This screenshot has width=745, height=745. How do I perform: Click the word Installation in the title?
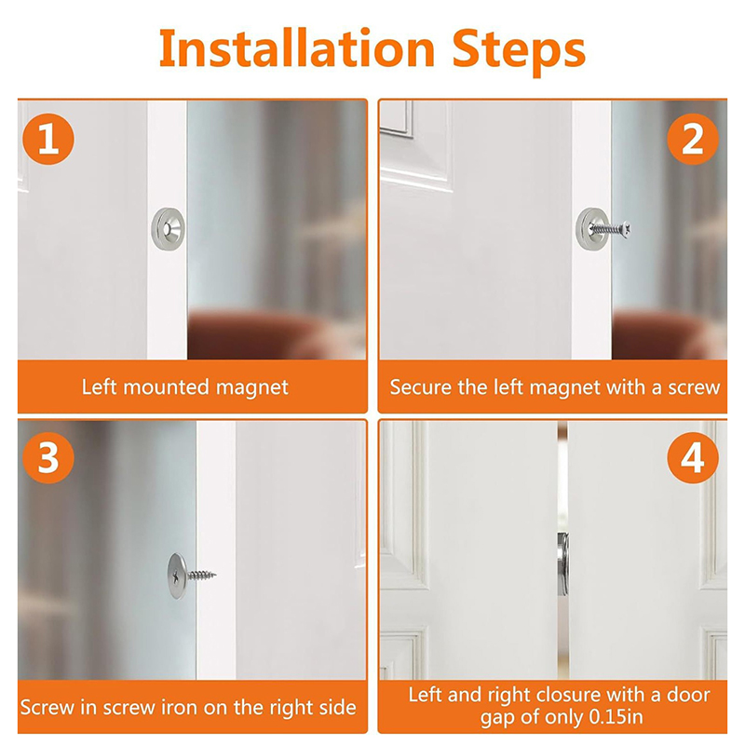pos(297,49)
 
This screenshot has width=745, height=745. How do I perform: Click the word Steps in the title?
pos(519,52)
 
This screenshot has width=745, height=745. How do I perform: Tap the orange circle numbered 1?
pos(48,139)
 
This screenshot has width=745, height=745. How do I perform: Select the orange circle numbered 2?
pos(692,139)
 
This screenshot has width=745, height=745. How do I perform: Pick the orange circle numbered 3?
pos(48,457)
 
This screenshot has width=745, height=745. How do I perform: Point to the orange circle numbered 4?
pos(692,457)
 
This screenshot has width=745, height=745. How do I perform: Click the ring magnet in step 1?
pos(168,229)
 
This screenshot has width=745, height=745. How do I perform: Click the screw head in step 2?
pos(627,230)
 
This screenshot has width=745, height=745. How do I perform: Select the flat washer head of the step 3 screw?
pos(178,576)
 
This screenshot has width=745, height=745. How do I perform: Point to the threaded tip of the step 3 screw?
pos(213,575)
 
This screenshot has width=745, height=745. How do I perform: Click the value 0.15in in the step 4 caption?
pos(616,717)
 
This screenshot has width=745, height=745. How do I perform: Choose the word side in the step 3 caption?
pos(338,708)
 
